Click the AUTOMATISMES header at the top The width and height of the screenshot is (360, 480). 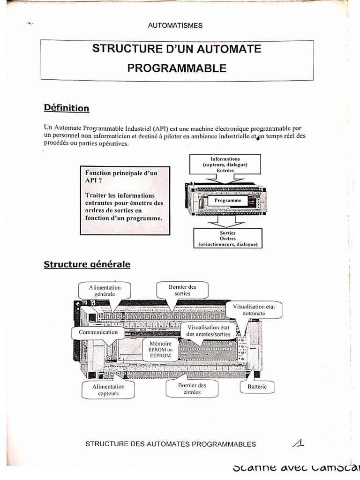pyautogui.click(x=175, y=26)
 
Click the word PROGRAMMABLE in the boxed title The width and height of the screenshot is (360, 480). pyautogui.click(x=177, y=68)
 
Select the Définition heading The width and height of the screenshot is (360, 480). pyautogui.click(x=67, y=108)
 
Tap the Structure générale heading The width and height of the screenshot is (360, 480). pyautogui.click(x=87, y=264)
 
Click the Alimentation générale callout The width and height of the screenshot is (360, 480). pyautogui.click(x=105, y=291)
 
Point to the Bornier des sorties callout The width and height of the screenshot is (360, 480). pyautogui.click(x=182, y=290)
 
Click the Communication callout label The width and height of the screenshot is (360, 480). pyautogui.click(x=98, y=332)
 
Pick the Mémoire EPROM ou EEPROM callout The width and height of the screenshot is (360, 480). pyautogui.click(x=160, y=350)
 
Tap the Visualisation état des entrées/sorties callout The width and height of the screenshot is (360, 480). pyautogui.click(x=209, y=331)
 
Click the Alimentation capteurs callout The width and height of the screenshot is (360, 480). pyautogui.click(x=108, y=390)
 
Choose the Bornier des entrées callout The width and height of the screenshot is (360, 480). pyautogui.click(x=192, y=389)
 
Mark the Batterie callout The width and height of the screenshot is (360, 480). pyautogui.click(x=257, y=387)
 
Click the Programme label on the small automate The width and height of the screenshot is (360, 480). pyautogui.click(x=228, y=201)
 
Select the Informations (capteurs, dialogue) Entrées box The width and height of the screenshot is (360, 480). pyautogui.click(x=225, y=165)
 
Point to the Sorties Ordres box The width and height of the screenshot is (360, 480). pyautogui.click(x=227, y=239)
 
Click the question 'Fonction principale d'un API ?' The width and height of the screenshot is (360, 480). pyautogui.click(x=121, y=176)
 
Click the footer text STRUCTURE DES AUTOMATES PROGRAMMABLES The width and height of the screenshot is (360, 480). pyautogui.click(x=171, y=444)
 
